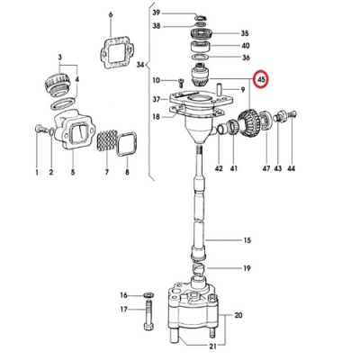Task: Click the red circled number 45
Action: tap(261, 79)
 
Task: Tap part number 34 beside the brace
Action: tap(140, 65)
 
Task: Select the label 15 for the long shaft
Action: tap(247, 240)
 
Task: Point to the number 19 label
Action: tap(247, 268)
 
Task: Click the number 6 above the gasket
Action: tap(111, 15)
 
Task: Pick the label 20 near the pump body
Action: tap(238, 315)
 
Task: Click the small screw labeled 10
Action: tap(181, 81)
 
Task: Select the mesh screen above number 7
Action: tap(106, 139)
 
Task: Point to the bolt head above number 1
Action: tap(39, 129)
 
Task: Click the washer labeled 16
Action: tap(148, 294)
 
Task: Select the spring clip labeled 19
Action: tap(198, 267)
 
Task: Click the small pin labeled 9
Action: tap(220, 89)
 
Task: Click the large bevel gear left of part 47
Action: tap(248, 122)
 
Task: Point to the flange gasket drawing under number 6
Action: tap(115, 53)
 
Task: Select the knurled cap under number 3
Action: tap(58, 84)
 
